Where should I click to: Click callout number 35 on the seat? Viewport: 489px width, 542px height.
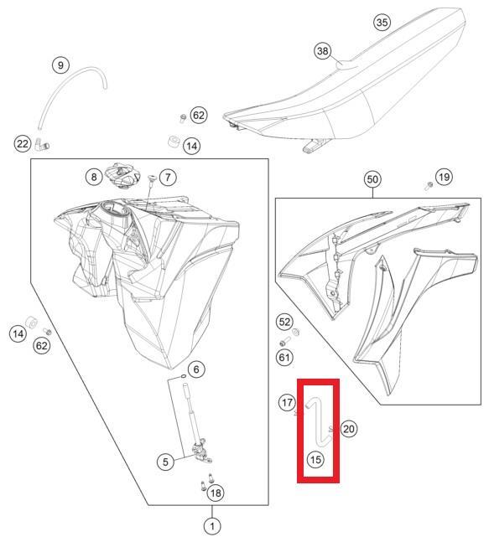(382, 22)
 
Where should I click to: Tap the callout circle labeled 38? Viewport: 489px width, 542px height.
(323, 51)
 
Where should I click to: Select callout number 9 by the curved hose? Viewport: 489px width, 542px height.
(60, 65)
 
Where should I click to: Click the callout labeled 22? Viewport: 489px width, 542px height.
(23, 143)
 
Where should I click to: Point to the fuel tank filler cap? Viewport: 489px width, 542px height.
(122, 175)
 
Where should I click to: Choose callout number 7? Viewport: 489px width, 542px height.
(168, 178)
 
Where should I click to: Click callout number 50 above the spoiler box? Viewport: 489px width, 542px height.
(372, 179)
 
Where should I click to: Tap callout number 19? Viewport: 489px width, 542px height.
(444, 177)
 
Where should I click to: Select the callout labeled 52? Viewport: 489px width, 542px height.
(284, 322)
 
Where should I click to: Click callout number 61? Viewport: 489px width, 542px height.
(284, 357)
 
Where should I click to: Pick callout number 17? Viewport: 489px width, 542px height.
(287, 402)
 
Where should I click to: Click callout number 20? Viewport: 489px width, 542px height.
(348, 429)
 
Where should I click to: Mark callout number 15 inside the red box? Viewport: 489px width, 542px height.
(315, 460)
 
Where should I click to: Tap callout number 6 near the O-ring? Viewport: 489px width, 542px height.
(196, 369)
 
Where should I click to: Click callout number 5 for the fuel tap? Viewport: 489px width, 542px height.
(165, 462)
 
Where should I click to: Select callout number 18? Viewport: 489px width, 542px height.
(216, 493)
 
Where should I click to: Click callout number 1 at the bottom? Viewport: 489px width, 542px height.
(212, 526)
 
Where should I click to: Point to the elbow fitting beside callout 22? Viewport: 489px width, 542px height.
(41, 144)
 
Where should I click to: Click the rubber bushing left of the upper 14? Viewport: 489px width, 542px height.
(173, 142)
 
